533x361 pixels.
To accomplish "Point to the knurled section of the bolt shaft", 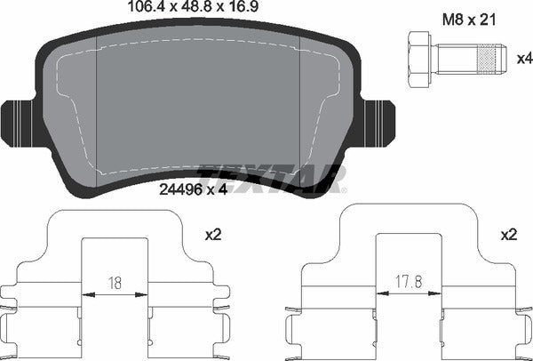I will click(x=485, y=58).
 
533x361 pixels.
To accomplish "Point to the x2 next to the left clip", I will click(x=213, y=236).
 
